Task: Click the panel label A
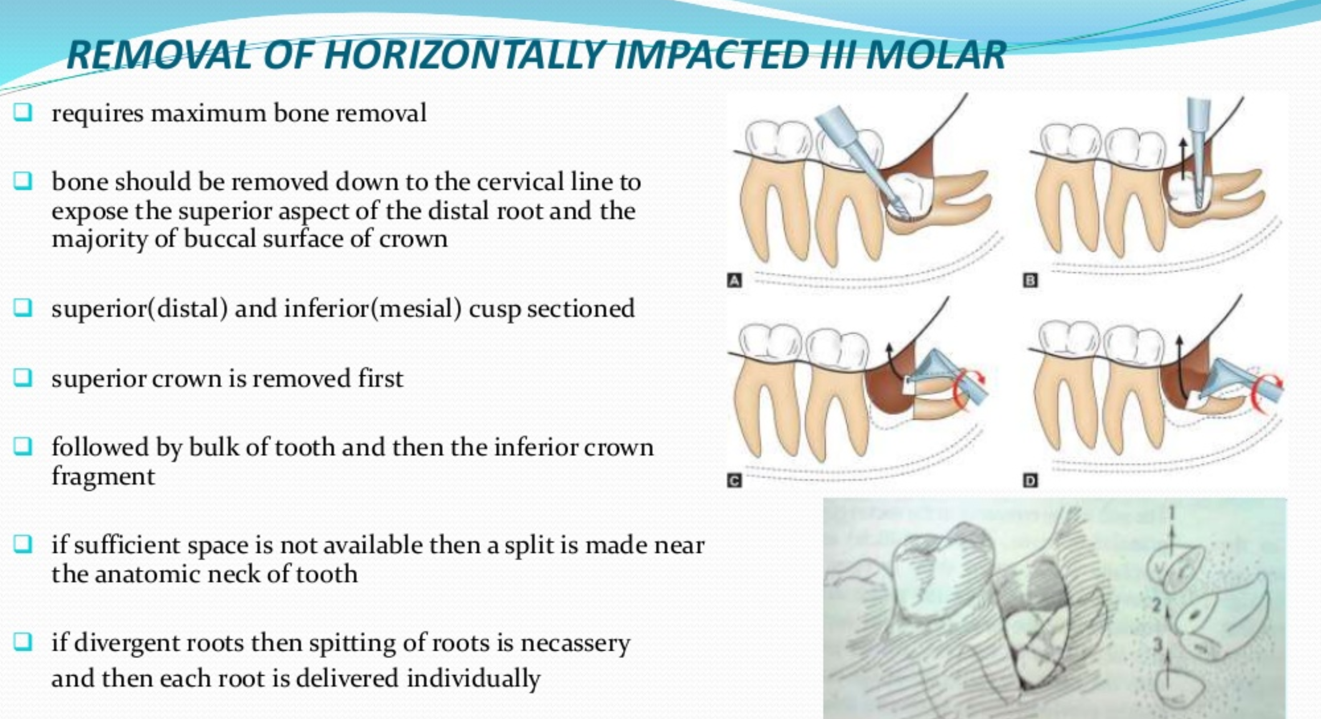coord(734,281)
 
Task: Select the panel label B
coord(1030,281)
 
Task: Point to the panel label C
coord(734,481)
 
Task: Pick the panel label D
coord(1030,481)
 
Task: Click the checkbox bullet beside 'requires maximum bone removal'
coord(22,112)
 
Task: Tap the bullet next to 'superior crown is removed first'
coord(22,378)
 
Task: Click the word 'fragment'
coord(103,477)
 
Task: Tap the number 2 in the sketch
coord(1157,605)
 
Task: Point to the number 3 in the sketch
coord(1157,645)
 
